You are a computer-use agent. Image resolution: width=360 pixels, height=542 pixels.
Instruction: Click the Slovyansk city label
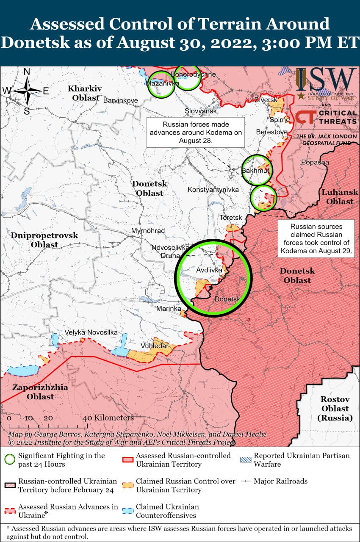pyautogui.click(x=200, y=111)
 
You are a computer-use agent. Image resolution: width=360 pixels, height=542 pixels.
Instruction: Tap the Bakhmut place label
pyautogui.click(x=255, y=171)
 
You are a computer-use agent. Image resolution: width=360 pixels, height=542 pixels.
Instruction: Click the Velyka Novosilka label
pyautogui.click(x=91, y=332)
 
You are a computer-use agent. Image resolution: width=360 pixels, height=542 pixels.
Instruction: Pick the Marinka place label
pyautogui.click(x=169, y=309)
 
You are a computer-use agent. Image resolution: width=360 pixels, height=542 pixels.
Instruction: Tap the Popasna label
pyautogui.click(x=315, y=162)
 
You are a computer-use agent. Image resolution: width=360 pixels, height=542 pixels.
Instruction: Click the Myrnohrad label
pyautogui.click(x=148, y=231)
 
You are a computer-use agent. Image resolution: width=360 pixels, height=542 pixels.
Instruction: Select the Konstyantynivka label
pyautogui.click(x=213, y=190)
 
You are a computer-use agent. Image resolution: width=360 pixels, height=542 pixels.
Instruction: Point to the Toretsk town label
pyautogui.click(x=230, y=218)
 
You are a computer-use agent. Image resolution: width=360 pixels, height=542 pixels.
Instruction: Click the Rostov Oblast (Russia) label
pyautogui.click(x=335, y=409)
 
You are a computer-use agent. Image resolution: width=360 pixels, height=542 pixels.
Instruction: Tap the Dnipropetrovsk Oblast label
pyautogui.click(x=44, y=240)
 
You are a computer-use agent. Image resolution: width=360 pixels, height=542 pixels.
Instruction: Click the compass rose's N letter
pyautogui.click(x=27, y=72)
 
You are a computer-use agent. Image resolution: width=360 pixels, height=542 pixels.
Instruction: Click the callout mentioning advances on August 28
pyautogui.click(x=196, y=133)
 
